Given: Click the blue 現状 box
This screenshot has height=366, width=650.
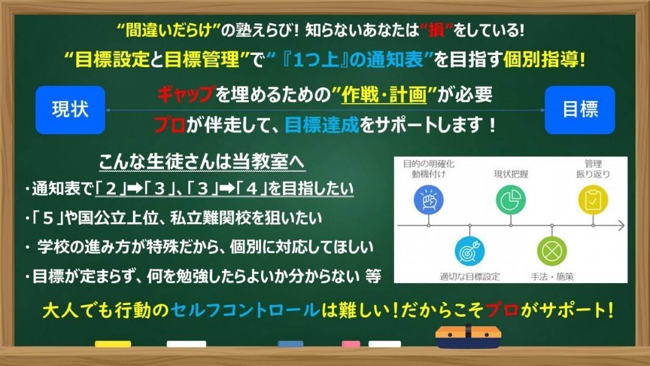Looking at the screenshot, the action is pyautogui.click(x=71, y=110).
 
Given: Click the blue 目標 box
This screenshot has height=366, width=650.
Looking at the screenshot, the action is pyautogui.click(x=579, y=110).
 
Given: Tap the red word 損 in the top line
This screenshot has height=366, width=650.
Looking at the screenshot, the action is pyautogui.click(x=437, y=30).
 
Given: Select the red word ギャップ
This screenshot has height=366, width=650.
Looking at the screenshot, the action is pyautogui.click(x=187, y=95).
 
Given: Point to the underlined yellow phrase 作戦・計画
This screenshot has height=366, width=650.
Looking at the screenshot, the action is pyautogui.click(x=384, y=95).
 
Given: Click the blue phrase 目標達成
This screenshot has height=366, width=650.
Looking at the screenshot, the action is pyautogui.click(x=322, y=125).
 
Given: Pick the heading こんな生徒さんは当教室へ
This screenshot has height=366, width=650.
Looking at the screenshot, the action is pyautogui.click(x=202, y=162).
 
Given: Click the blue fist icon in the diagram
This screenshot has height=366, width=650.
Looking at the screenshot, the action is pyautogui.click(x=429, y=200).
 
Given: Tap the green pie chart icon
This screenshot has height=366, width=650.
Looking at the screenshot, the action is pyautogui.click(x=511, y=200).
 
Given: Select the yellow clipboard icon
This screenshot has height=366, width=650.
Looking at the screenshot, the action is pyautogui.click(x=593, y=200).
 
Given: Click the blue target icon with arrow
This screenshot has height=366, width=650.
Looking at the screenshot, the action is pyautogui.click(x=470, y=251).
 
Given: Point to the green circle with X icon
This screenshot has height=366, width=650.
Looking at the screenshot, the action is pyautogui.click(x=552, y=251).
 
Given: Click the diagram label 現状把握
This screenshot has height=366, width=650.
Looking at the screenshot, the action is pyautogui.click(x=511, y=174).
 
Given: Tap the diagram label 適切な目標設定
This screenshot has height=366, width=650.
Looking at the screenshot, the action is pyautogui.click(x=470, y=276).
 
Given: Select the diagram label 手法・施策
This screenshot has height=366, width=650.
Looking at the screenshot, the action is pyautogui.click(x=552, y=276).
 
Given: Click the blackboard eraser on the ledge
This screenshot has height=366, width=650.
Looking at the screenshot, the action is pyautogui.click(x=468, y=337).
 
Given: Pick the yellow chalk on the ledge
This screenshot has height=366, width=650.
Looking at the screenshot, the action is pyautogui.click(x=113, y=344).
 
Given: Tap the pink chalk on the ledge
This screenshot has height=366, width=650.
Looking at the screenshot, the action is pyautogui.click(x=351, y=344).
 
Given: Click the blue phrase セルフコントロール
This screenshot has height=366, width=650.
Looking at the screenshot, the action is pyautogui.click(x=245, y=310).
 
